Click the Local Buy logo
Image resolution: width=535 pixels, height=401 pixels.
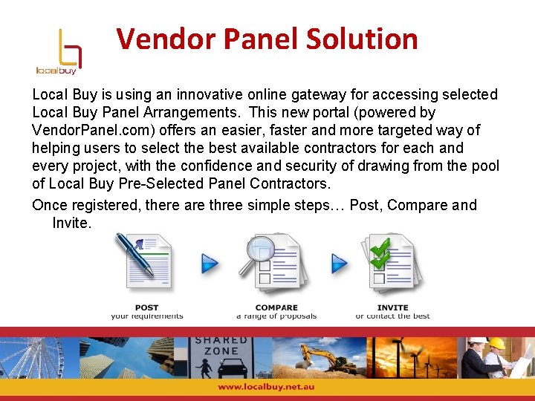point(58,51)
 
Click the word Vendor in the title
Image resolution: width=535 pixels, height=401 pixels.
point(162,39)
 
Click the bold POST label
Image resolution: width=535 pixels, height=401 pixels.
point(146,307)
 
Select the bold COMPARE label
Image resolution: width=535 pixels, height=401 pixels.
point(276,307)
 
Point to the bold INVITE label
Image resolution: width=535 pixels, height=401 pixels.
point(392,307)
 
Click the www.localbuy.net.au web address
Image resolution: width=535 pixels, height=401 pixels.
point(267,388)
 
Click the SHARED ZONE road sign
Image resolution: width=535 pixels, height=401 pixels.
point(221,345)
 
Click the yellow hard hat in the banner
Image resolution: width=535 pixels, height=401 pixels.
point(496,343)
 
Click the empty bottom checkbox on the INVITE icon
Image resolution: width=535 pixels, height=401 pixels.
point(380,279)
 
